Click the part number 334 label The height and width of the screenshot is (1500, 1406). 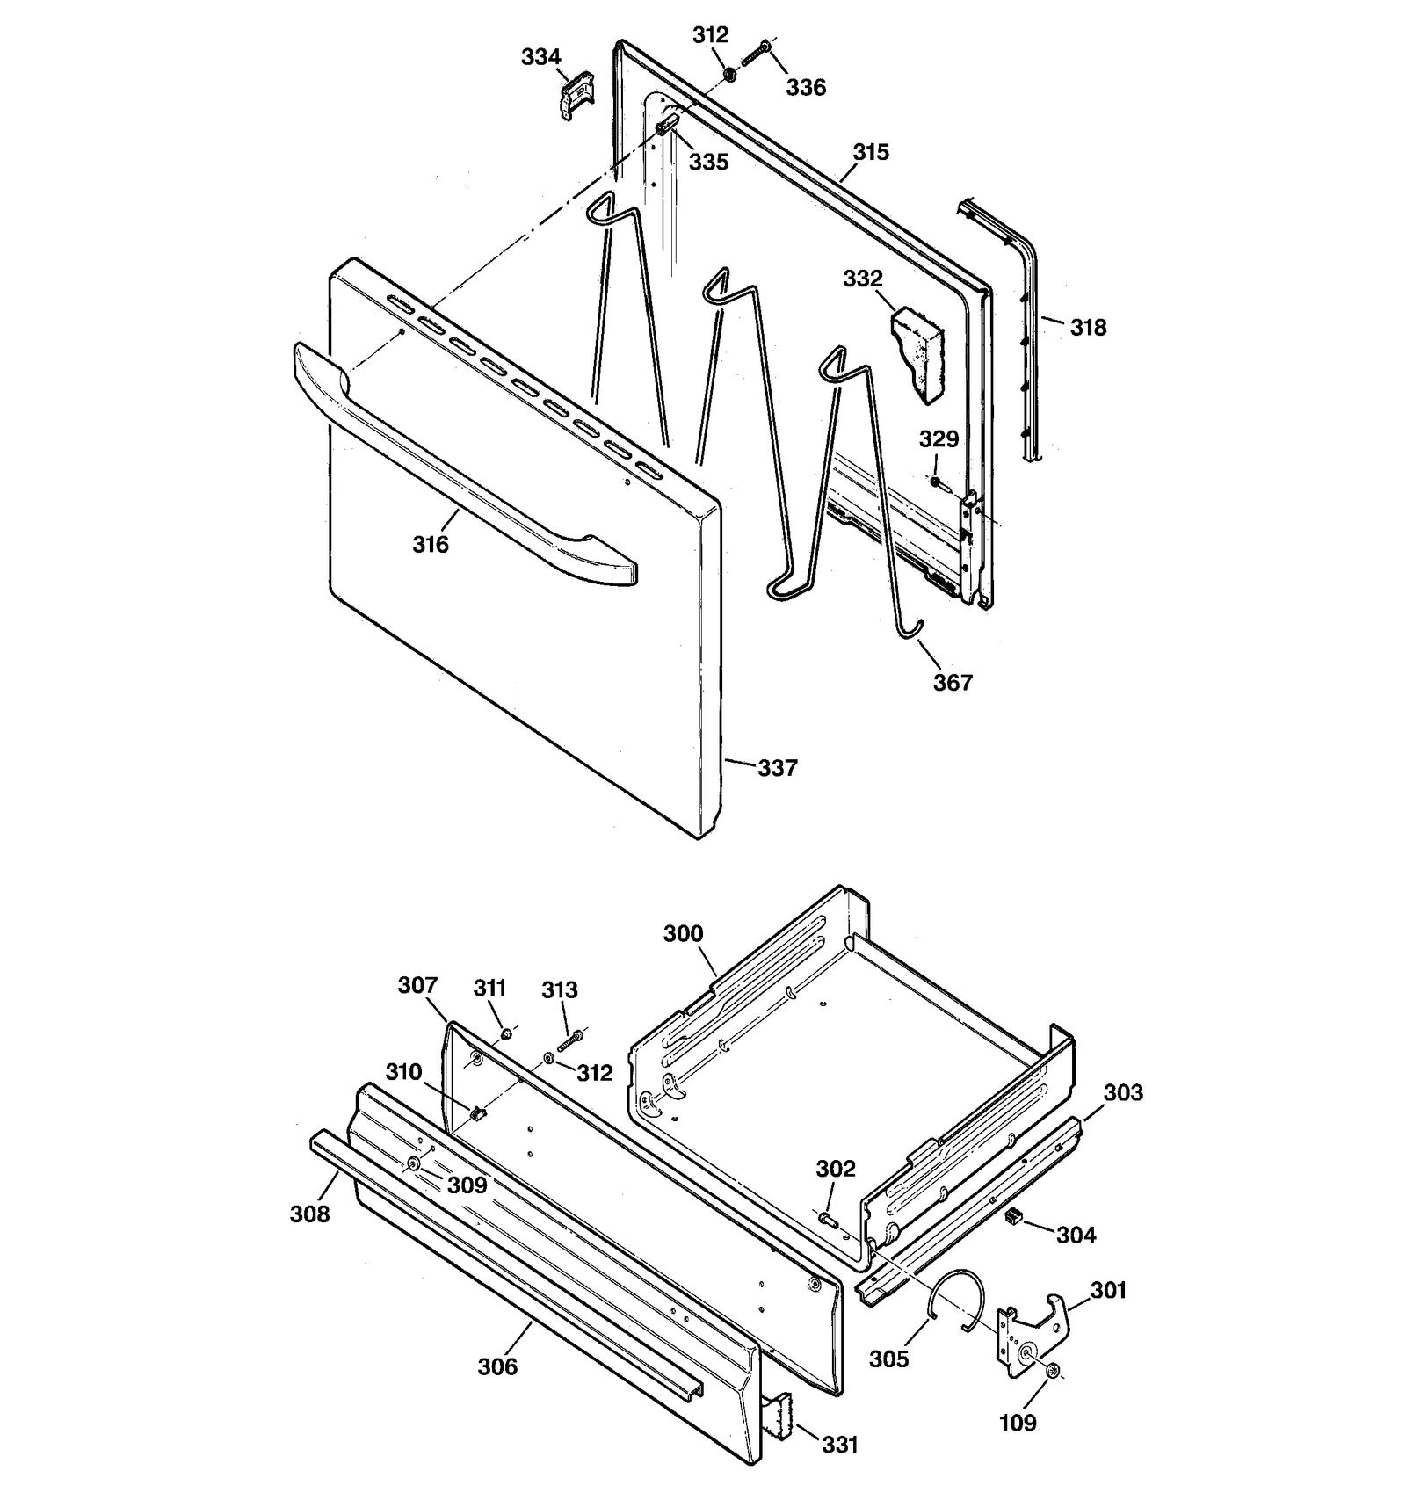pyautogui.click(x=540, y=57)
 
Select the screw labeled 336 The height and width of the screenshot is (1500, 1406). pyautogui.click(x=755, y=52)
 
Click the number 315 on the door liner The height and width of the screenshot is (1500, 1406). pyautogui.click(x=871, y=152)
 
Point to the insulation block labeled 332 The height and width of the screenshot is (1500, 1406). pyautogui.click(x=918, y=355)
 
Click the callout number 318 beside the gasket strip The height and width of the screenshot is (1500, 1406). pyautogui.click(x=1088, y=328)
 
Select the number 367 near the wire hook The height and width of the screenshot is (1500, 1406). pyautogui.click(x=953, y=682)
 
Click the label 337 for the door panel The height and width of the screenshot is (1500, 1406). pyautogui.click(x=777, y=768)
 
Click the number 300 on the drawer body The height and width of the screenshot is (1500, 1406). pyautogui.click(x=683, y=933)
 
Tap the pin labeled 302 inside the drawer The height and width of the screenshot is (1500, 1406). pyautogui.click(x=828, y=1220)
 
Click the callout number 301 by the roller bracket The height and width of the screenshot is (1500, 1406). pyautogui.click(x=1108, y=1290)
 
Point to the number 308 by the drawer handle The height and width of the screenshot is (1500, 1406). pyautogui.click(x=309, y=1214)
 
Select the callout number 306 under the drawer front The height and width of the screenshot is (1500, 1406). pyautogui.click(x=497, y=1366)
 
